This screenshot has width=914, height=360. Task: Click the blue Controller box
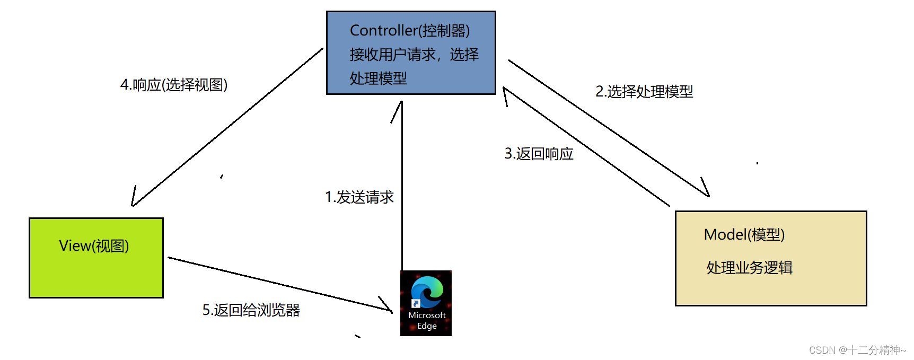pos(411,53)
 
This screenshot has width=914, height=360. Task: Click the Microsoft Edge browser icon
pos(426,293)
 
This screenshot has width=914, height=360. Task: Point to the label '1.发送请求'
pos(359,197)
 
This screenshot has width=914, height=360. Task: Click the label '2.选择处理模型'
pos(644,92)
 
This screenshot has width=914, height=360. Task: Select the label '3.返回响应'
pos(539,154)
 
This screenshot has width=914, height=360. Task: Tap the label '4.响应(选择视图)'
pos(174,85)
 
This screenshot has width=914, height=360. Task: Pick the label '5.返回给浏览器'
pos(251,310)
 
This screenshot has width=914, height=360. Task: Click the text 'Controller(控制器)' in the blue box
pos(410,31)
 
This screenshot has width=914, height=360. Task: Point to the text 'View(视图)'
pos(94,246)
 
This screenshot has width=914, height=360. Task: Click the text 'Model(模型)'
pos(744,234)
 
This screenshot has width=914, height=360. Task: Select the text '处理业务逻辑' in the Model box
pos(749,268)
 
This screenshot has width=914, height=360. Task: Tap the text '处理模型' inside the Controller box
pos(378,78)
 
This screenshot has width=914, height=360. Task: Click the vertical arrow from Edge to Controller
pos(402,186)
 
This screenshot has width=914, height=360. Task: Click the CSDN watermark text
pos(857,350)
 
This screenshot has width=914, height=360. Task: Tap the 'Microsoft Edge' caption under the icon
pos(427,321)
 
